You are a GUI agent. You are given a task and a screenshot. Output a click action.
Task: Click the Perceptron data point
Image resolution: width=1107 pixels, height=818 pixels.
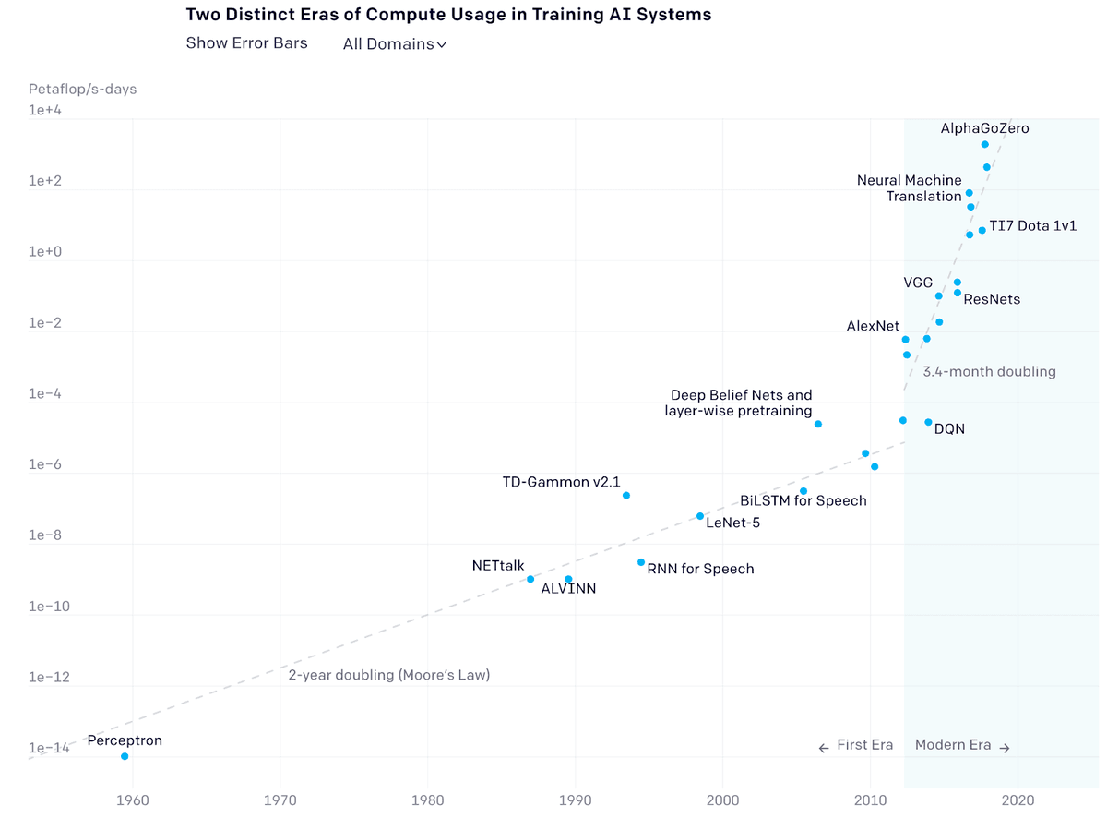pos(125,756)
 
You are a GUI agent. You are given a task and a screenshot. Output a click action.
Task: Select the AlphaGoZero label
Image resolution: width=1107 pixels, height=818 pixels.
pos(984,128)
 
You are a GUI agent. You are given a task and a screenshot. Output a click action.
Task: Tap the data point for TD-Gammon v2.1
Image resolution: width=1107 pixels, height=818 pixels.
pos(626,496)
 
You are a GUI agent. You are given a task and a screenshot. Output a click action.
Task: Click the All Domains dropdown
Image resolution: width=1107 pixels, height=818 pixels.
pos(394,44)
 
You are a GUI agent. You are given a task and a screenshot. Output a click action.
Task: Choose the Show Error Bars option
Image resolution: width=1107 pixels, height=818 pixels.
pos(246,43)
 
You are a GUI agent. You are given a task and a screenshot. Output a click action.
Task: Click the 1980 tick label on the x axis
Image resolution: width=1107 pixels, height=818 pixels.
pos(427,799)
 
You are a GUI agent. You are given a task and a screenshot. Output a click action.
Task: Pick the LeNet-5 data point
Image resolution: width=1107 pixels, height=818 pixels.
pos(700,516)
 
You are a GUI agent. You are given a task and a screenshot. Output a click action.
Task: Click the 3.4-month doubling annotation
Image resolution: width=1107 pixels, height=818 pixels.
pos(989,371)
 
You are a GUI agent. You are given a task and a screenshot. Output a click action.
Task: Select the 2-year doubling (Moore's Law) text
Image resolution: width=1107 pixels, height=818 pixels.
pos(388,675)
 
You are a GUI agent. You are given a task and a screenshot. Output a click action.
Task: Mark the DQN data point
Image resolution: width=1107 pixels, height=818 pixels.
pos(928,422)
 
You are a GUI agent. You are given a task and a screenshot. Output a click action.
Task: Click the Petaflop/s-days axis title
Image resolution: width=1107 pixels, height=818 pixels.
pos(82,90)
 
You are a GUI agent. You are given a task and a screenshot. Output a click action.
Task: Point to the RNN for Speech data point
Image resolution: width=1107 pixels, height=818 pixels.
pos(641,562)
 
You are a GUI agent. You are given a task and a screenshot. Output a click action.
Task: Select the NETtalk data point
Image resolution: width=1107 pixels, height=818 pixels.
pos(530,579)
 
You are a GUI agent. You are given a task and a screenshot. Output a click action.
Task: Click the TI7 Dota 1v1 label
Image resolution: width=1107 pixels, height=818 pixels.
pos(1032,226)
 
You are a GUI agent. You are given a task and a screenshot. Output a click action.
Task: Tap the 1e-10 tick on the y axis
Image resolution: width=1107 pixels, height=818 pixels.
pos(47,607)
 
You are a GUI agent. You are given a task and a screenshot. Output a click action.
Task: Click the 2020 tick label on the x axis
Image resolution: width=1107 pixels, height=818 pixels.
pos(1018,799)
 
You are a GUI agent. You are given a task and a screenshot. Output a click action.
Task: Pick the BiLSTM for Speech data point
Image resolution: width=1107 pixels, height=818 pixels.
pos(803,491)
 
